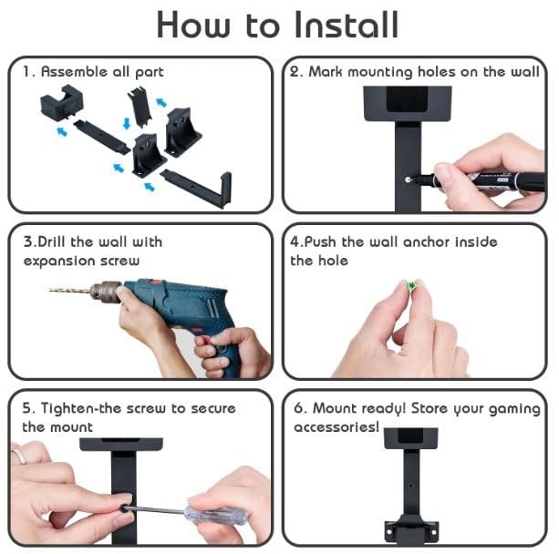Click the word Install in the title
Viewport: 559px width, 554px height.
pos(347,25)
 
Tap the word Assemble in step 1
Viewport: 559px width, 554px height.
pos(74,72)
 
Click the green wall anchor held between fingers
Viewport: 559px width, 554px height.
pos(412,285)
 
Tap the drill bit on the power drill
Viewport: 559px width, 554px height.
pos(70,290)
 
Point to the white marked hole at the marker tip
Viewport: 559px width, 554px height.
pos(408,180)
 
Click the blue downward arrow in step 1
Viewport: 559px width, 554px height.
pos(127,124)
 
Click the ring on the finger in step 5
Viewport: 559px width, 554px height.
pos(18,456)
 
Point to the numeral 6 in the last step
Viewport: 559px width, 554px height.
pos(299,408)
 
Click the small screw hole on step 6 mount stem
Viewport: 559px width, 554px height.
pos(411,486)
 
